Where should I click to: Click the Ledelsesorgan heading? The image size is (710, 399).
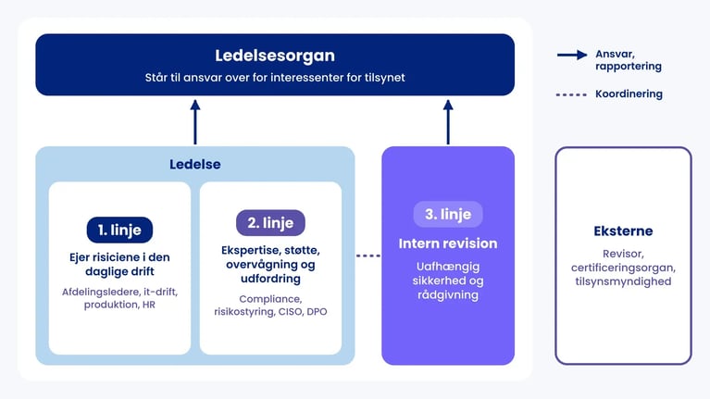(x=275, y=56)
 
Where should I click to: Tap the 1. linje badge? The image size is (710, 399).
(x=119, y=230)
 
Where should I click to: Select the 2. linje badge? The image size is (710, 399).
(x=270, y=222)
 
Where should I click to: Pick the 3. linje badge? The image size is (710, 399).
(x=448, y=214)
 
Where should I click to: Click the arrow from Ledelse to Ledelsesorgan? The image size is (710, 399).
(x=195, y=122)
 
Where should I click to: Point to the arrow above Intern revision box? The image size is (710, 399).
(x=448, y=122)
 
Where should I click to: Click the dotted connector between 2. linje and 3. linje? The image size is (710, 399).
(x=368, y=256)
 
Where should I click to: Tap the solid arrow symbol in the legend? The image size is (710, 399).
(x=572, y=55)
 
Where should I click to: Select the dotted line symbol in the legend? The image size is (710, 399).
(x=571, y=94)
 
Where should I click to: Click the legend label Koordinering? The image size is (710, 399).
(x=629, y=94)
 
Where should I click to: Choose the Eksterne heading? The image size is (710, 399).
(x=623, y=231)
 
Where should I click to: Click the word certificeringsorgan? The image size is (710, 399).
(x=623, y=268)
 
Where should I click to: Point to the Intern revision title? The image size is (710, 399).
(x=448, y=243)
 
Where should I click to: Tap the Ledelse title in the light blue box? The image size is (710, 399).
(x=195, y=164)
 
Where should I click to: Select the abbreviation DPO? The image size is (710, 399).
(x=317, y=312)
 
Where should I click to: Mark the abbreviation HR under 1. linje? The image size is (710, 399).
(x=148, y=305)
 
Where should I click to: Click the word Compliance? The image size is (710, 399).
(x=270, y=299)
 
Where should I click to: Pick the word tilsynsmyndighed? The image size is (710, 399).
(x=623, y=281)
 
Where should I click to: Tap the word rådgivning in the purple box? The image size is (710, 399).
(x=448, y=294)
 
